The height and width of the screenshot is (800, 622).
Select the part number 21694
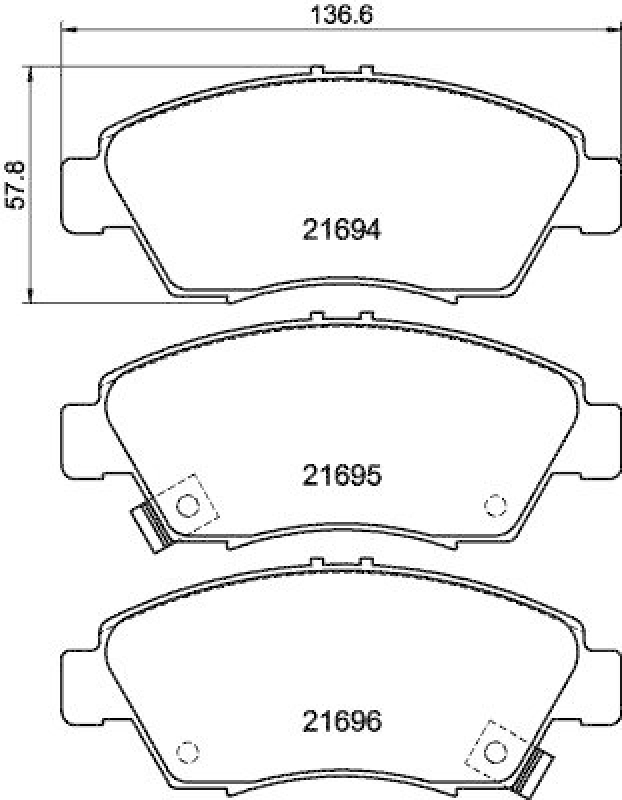[x=342, y=230]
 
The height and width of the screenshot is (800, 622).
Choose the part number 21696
[x=342, y=720]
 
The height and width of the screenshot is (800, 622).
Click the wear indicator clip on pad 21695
[x=148, y=527]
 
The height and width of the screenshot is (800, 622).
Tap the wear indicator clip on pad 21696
[x=537, y=771]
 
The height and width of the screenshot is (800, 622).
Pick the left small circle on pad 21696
[x=185, y=751]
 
